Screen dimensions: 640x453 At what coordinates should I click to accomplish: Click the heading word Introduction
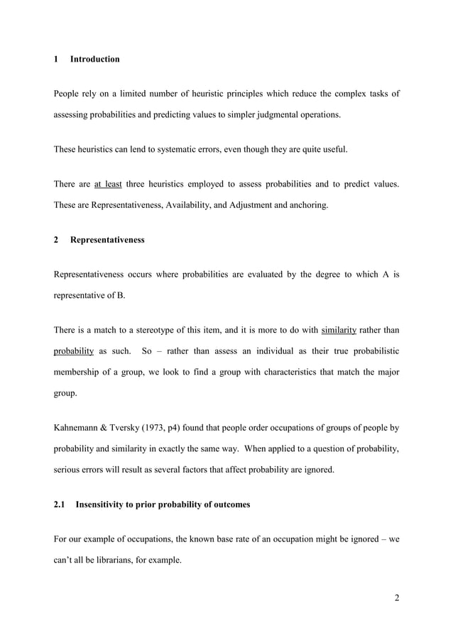click(x=95, y=59)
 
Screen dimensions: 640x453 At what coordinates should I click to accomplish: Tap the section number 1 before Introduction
click(x=56, y=59)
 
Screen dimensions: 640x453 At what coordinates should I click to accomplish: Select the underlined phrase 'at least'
click(x=108, y=185)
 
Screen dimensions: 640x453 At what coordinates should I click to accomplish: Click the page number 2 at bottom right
click(x=396, y=597)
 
